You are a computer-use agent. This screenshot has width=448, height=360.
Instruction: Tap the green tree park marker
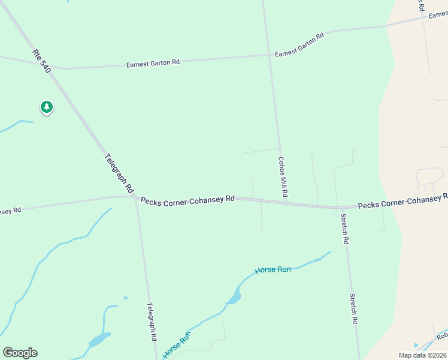47,107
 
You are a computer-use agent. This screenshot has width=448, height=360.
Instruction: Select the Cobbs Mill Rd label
283,178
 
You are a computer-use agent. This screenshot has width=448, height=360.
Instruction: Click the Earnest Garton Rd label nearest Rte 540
153,62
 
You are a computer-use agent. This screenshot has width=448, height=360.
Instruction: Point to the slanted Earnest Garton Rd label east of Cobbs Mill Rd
299,45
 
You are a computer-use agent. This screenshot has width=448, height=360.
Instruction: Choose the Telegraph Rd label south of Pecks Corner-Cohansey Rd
152,321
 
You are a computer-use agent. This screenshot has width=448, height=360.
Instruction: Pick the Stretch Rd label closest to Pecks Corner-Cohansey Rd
344,229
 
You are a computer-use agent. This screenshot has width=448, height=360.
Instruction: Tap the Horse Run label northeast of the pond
273,270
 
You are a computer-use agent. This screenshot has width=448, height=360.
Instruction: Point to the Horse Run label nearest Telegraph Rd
177,344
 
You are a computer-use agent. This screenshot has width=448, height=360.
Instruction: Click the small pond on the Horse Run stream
234,297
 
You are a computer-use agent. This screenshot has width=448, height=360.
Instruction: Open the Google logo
20,353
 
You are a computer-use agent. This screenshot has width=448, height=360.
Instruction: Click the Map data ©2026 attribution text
422,355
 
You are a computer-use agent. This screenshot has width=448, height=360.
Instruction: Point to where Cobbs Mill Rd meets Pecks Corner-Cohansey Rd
285,202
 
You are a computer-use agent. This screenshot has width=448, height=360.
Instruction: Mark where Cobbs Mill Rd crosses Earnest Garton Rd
268,55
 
